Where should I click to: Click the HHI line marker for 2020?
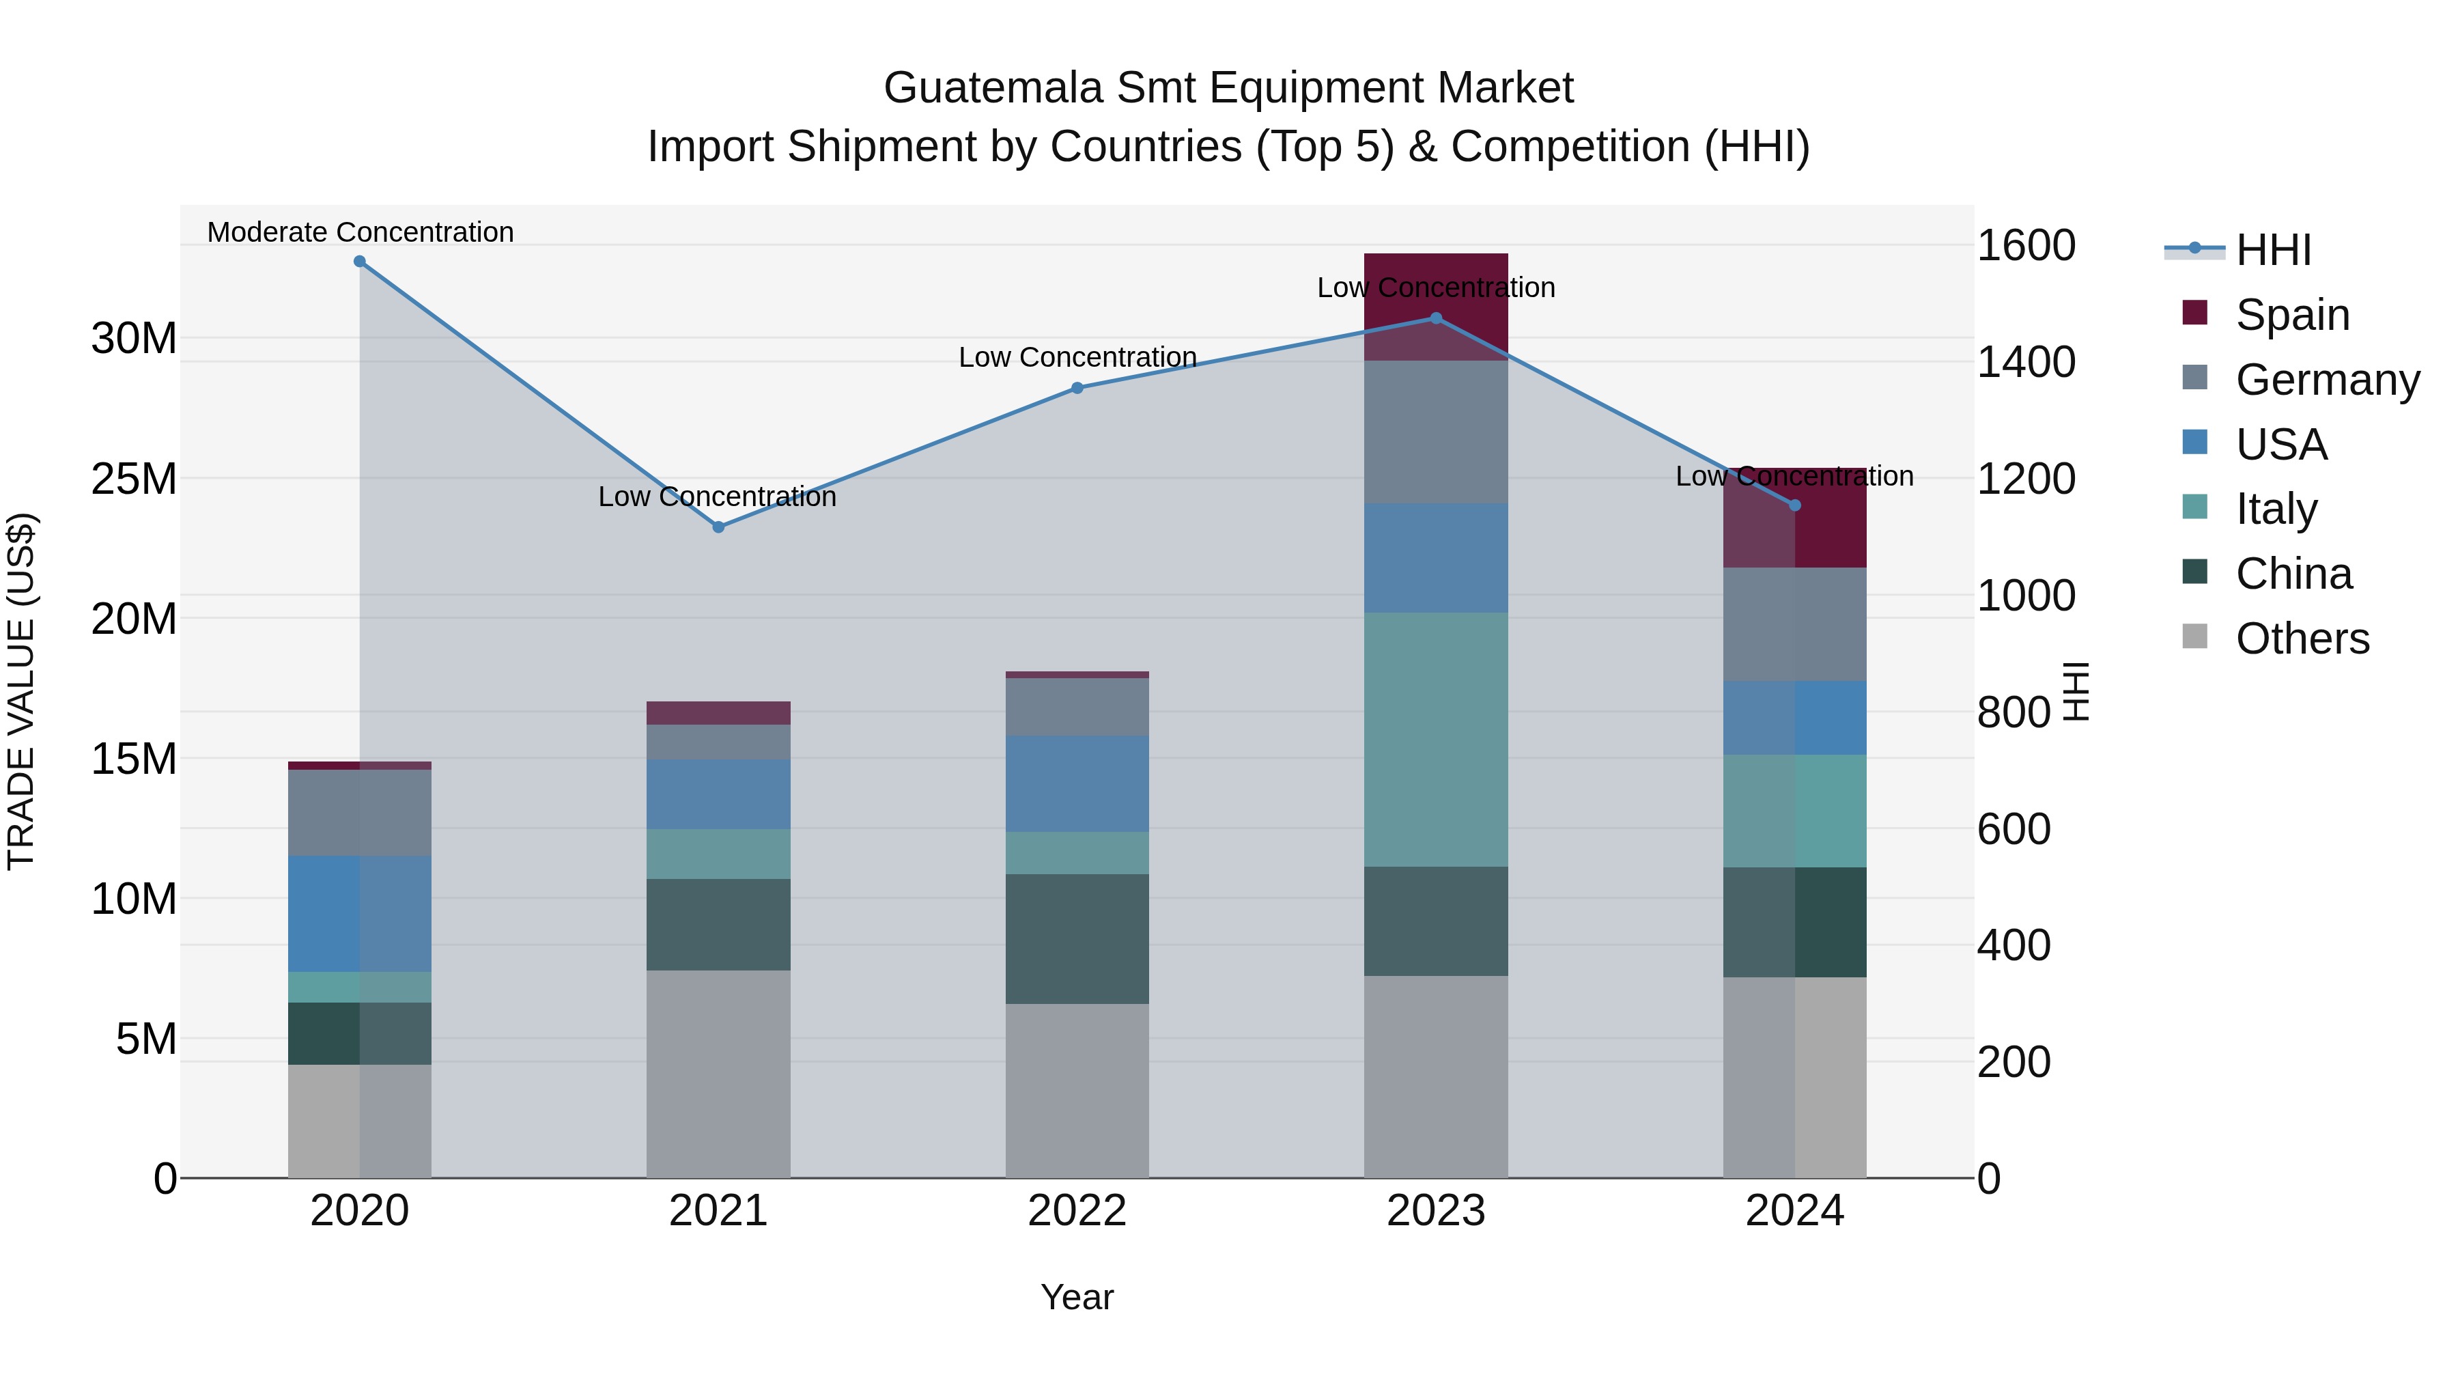[x=360, y=262]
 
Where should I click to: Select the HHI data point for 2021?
[x=718, y=527]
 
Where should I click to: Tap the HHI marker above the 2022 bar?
[x=1077, y=387]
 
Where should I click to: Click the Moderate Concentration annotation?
[x=360, y=232]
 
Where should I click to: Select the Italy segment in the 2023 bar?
[x=1436, y=740]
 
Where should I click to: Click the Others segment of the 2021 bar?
[x=718, y=1074]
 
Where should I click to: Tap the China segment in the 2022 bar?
[x=1077, y=938]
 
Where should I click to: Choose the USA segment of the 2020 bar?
[x=360, y=913]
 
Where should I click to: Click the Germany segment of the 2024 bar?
[x=1795, y=624]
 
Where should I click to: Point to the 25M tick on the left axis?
[x=134, y=478]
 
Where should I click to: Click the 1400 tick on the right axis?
[x=2025, y=362]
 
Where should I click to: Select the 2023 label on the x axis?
[x=1436, y=1211]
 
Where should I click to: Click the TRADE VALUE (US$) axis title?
[x=22, y=691]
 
